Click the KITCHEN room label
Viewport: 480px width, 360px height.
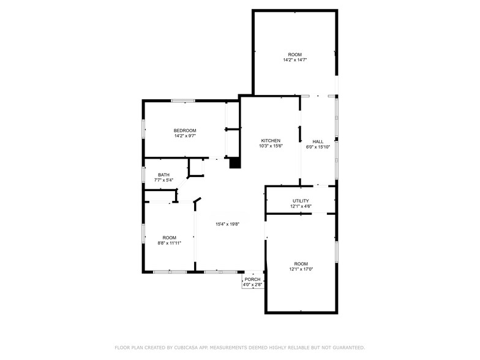(271, 141)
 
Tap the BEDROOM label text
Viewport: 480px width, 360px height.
(185, 130)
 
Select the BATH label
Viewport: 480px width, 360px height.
(164, 175)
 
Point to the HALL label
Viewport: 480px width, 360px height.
(318, 141)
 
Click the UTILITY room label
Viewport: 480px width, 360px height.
(301, 201)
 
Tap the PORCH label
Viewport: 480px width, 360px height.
(252, 279)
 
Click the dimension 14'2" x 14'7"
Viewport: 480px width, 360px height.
(295, 60)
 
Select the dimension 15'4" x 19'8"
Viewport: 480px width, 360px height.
(228, 224)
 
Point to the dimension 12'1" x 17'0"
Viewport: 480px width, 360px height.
(301, 269)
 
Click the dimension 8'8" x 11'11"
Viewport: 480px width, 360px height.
(169, 243)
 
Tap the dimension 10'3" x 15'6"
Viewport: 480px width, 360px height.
(271, 146)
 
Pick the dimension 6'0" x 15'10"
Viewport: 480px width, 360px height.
(318, 147)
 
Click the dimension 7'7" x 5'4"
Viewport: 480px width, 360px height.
(164, 180)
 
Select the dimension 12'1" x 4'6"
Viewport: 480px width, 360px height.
(301, 206)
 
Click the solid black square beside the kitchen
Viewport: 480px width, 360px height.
(235, 163)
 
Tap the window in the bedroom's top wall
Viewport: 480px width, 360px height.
(183, 100)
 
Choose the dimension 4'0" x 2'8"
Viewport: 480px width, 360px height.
(252, 285)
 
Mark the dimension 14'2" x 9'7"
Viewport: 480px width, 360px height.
(185, 136)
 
